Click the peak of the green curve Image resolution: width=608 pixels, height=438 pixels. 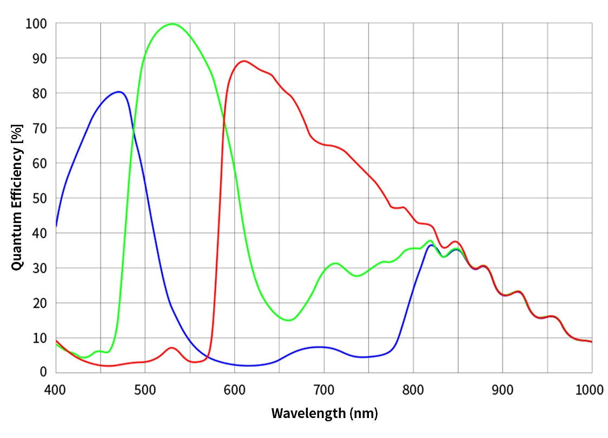pyautogui.click(x=172, y=24)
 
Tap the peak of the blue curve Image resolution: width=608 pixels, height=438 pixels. pyautogui.click(x=119, y=92)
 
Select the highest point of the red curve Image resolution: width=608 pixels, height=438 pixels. pyautogui.click(x=244, y=61)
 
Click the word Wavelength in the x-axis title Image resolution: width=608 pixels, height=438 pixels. pyautogui.click(x=307, y=414)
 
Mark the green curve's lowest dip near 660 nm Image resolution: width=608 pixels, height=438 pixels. pyautogui.click(x=289, y=320)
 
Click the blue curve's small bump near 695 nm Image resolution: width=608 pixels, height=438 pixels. pyautogui.click(x=320, y=347)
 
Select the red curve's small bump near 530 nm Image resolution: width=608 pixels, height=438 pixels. pyautogui.click(x=171, y=348)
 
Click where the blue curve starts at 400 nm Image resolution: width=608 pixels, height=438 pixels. pyautogui.click(x=56, y=226)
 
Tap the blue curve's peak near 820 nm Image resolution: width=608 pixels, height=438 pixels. pyautogui.click(x=431, y=245)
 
